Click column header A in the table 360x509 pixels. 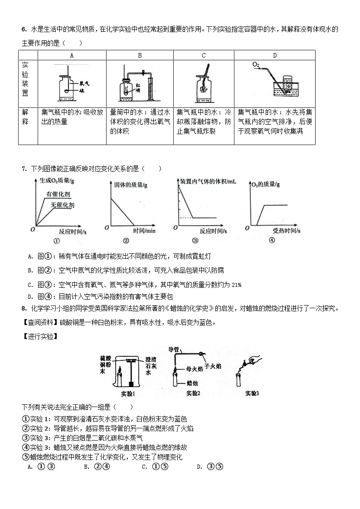click(x=72, y=55)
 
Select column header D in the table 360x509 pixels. click(x=275, y=55)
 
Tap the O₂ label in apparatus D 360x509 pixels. click(x=256, y=66)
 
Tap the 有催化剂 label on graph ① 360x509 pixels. click(x=58, y=194)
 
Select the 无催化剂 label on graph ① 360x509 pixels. click(x=63, y=205)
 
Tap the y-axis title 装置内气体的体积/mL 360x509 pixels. click(x=208, y=181)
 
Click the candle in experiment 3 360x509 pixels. click(x=237, y=378)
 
